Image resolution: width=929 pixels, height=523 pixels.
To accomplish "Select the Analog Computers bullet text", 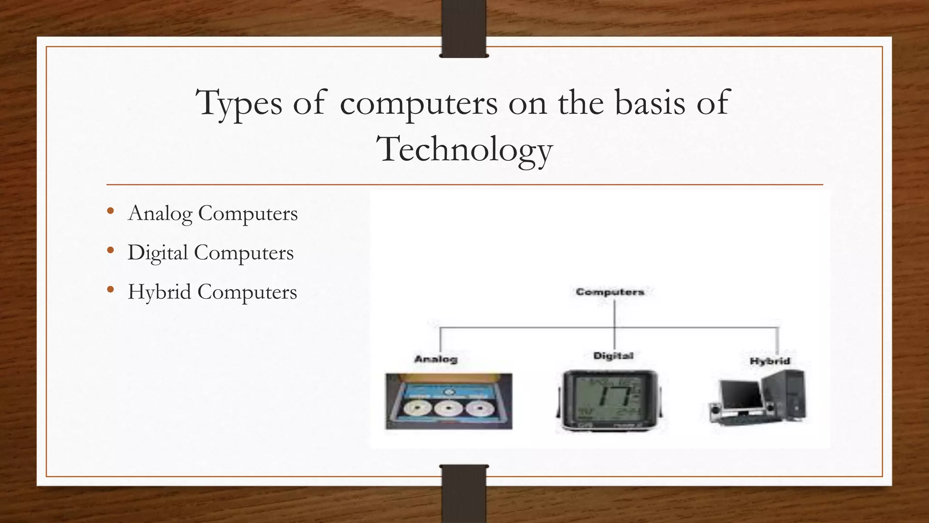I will pyautogui.click(x=213, y=213).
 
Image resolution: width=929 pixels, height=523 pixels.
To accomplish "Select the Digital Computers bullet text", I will pyautogui.click(x=210, y=253).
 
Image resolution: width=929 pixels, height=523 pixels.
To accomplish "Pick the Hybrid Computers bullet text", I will pyautogui.click(x=212, y=292).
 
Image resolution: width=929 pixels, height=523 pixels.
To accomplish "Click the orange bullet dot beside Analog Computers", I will pyautogui.click(x=110, y=211).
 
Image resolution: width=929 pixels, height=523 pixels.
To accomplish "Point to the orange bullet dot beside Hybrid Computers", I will pyautogui.click(x=110, y=290).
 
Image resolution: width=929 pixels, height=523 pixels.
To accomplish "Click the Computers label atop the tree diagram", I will pyautogui.click(x=610, y=292).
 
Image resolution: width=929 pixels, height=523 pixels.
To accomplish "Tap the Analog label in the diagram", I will pyautogui.click(x=436, y=359).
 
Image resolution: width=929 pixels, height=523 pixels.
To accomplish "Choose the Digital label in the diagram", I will pyautogui.click(x=613, y=356).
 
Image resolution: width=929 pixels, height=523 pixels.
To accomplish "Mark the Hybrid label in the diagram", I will pyautogui.click(x=770, y=361).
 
